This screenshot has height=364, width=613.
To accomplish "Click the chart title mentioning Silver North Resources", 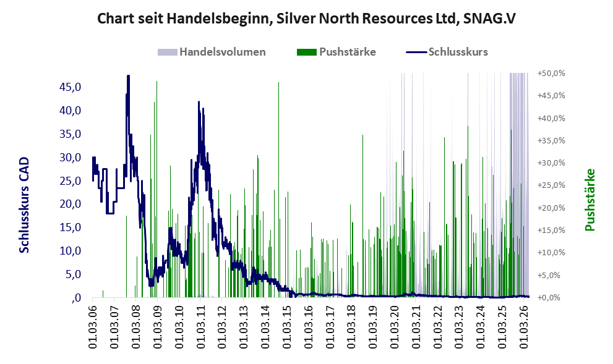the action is (x=306, y=19).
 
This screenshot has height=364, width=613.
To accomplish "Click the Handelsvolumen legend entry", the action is (x=212, y=52).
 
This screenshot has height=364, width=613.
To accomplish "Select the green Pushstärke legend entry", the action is (x=337, y=52).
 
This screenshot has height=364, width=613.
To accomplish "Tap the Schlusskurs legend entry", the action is (x=447, y=52).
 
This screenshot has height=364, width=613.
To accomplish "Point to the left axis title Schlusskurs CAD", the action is (x=24, y=205).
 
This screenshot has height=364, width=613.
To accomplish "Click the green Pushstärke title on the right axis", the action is (x=589, y=200).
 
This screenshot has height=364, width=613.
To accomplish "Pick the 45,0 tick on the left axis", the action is (x=71, y=87).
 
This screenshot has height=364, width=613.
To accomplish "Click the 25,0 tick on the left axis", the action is (x=71, y=181).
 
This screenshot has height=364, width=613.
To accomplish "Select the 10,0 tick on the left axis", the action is (x=71, y=251).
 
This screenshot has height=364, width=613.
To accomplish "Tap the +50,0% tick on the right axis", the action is (x=552, y=74).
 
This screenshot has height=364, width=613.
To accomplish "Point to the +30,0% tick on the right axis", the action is (x=552, y=163).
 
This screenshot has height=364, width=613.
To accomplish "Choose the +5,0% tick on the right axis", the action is (x=553, y=276).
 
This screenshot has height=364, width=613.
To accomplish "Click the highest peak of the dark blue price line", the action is (x=128, y=76).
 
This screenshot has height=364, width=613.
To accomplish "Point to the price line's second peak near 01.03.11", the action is (x=199, y=102).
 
